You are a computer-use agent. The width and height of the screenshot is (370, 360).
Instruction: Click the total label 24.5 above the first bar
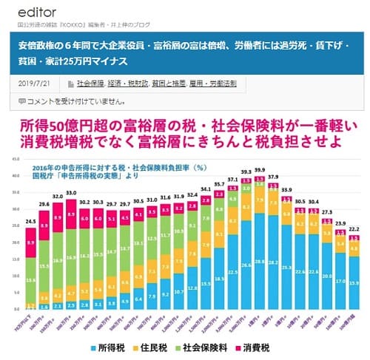point(31,221)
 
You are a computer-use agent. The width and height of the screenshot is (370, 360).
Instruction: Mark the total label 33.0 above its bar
point(71,193)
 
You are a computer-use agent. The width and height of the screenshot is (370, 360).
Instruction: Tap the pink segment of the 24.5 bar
point(31,242)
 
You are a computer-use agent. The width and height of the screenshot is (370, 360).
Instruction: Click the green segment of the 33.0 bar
point(71,259)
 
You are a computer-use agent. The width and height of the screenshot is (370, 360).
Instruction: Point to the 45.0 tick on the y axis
point(16,160)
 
